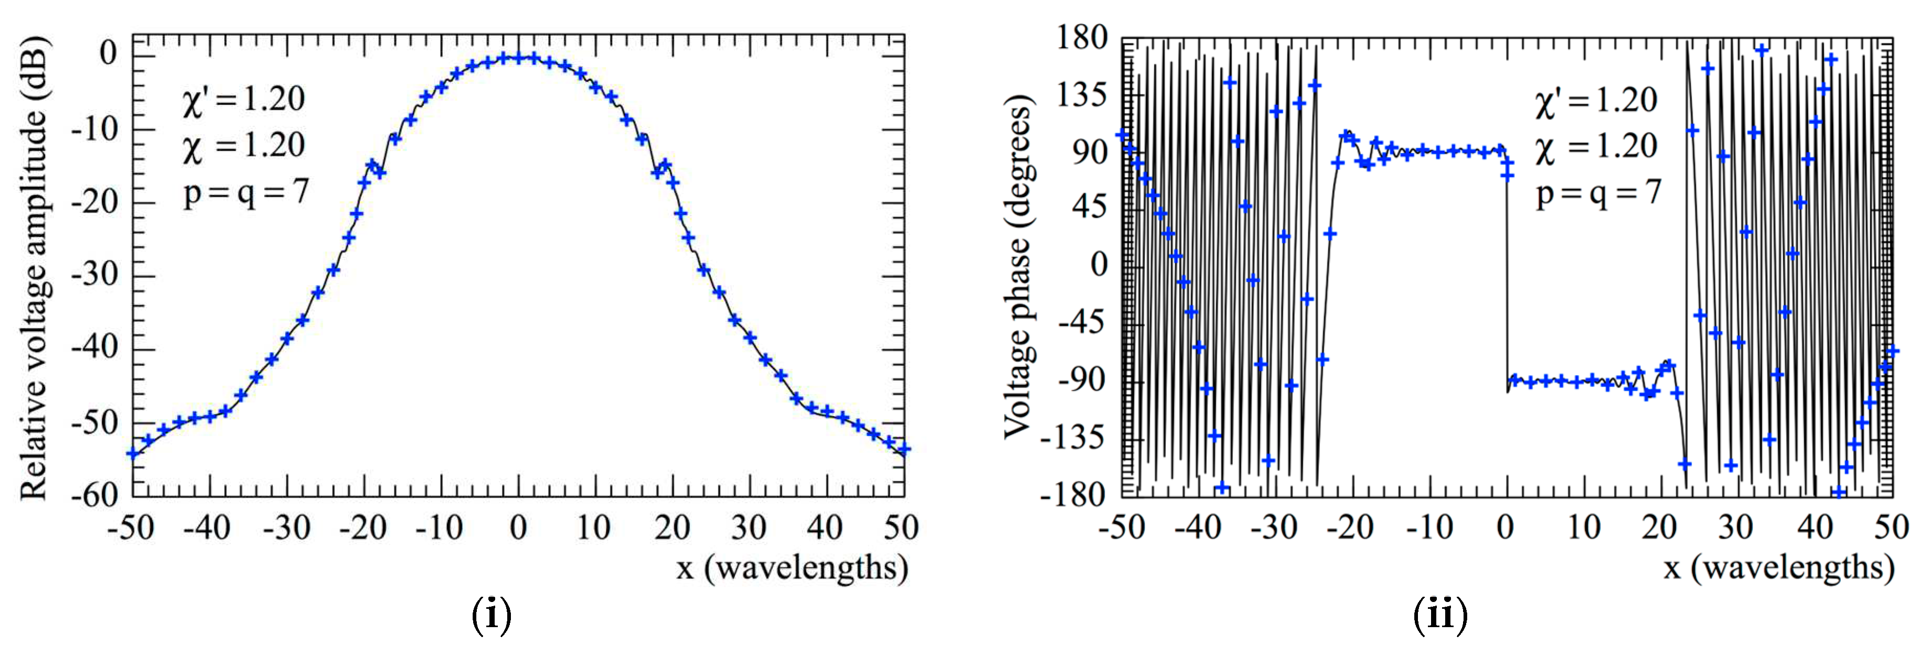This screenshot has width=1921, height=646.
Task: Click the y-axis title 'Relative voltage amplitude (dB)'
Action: click(34, 269)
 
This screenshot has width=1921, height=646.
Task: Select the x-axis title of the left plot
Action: click(792, 568)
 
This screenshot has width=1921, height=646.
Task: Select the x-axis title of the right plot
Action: click(1778, 568)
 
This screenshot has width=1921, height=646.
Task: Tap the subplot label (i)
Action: click(492, 616)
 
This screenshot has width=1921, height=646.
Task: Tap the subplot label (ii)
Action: click(1440, 616)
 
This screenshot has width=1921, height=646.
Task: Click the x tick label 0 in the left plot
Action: click(518, 528)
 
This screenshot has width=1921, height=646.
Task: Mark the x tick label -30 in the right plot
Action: click(1274, 528)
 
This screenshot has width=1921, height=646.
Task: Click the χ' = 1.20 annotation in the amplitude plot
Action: click(243, 99)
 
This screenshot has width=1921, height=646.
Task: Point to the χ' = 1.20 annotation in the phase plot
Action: click(1596, 101)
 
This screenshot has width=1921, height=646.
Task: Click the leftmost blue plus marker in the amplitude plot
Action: click(133, 453)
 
